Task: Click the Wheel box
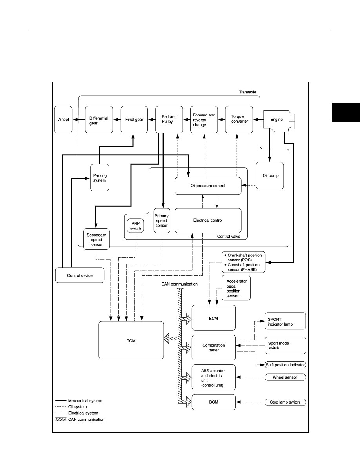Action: pos(63,120)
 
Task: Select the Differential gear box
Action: pos(99,120)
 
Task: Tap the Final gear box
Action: pos(134,120)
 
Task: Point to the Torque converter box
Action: pos(239,120)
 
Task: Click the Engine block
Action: pos(277,120)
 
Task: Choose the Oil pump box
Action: pos(270,176)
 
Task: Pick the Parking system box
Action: pos(100,178)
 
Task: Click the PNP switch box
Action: pos(135,226)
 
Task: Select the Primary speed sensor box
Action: pos(162,220)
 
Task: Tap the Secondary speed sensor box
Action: pos(96,239)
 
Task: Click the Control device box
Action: pos(80,275)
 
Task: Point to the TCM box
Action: pos(131,340)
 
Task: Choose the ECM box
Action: pos(214,318)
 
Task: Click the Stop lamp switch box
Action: pos(285,402)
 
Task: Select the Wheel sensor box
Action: pos(285,377)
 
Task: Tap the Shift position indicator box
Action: pos(285,365)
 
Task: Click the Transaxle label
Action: pos(248,92)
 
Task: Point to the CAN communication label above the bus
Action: pos(179,284)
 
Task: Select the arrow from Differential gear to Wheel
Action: pos(79,120)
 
